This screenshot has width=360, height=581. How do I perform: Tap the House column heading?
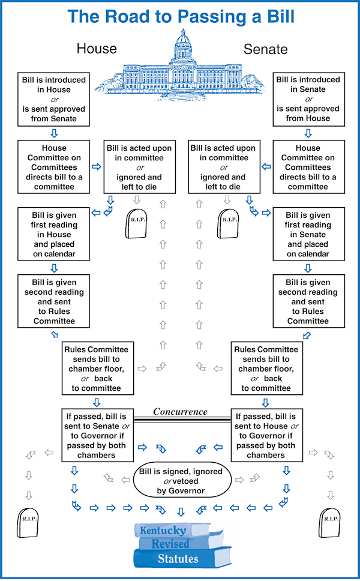97,49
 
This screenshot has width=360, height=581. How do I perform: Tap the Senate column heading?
266,49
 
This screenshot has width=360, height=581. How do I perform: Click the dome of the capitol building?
183,40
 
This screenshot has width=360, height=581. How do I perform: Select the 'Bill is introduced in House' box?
54,99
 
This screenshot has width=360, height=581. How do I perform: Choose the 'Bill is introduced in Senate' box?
308,99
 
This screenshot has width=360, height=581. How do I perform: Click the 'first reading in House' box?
54,234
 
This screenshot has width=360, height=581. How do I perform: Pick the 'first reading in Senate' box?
308,234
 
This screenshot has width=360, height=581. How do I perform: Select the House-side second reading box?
54,301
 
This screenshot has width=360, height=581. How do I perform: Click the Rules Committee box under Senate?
266,369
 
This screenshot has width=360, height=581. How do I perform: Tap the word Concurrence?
181,412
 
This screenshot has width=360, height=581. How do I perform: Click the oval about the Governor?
182,481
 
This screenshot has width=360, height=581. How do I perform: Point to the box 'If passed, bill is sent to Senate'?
97,435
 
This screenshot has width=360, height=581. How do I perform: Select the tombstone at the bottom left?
28,522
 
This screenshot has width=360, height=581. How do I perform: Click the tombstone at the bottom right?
329,522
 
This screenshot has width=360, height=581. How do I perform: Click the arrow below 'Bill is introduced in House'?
54,133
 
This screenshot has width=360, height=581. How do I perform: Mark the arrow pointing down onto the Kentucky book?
181,513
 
